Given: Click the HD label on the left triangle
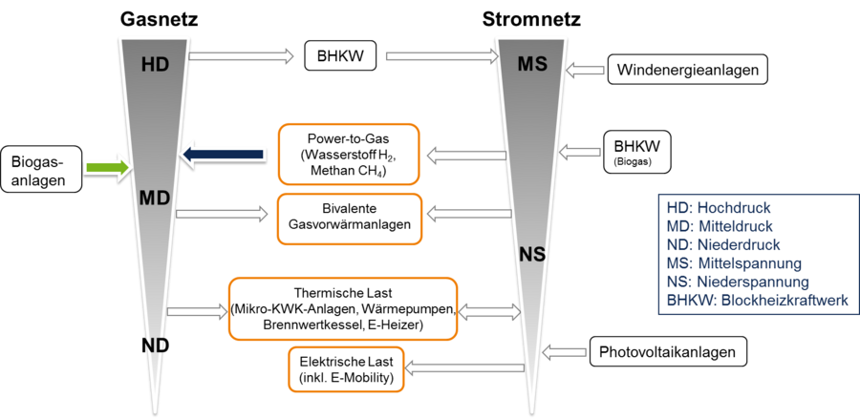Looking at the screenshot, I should [x=155, y=65].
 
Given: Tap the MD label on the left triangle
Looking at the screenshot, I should [x=154, y=199].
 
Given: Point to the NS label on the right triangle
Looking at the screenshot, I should [x=532, y=254].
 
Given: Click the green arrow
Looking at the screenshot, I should [x=106, y=167].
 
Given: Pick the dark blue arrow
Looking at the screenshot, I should [x=222, y=154].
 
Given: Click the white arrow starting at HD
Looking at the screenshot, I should [x=242, y=56].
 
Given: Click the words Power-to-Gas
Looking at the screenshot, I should [x=347, y=137].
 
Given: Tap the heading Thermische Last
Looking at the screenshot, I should [x=343, y=294].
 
